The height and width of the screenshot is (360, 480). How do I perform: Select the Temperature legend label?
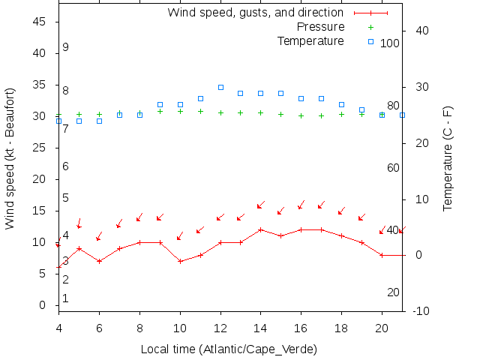[x=310, y=40]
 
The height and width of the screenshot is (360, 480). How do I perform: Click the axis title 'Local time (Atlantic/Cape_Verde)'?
[x=229, y=349]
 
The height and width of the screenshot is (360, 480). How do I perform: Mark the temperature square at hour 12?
[x=220, y=87]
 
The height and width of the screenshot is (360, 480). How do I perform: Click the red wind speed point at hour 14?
[x=260, y=229]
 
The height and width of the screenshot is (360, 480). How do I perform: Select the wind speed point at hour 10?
[x=180, y=261]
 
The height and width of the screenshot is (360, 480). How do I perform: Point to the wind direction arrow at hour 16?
[x=301, y=205]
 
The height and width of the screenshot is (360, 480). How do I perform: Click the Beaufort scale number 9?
[x=66, y=47]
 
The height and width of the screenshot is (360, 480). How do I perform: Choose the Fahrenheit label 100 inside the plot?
[x=390, y=43]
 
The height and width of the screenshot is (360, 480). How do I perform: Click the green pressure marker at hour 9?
[x=160, y=111]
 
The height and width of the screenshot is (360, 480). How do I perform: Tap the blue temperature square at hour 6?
[x=99, y=121]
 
